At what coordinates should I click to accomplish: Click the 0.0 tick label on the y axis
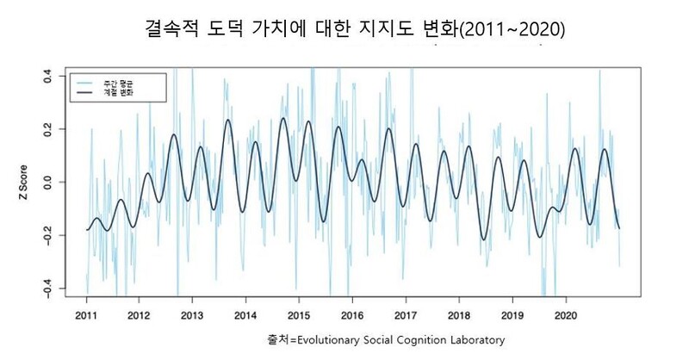pyautogui.click(x=49, y=183)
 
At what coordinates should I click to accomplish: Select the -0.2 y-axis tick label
pyautogui.click(x=49, y=234)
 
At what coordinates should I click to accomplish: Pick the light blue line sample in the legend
pyautogui.click(x=87, y=82)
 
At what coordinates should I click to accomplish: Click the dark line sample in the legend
pyautogui.click(x=87, y=90)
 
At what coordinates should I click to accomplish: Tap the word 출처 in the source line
pyautogui.click(x=278, y=339)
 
